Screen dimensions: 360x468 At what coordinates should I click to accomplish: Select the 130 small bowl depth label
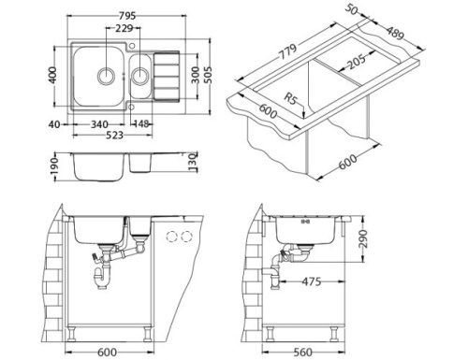(192, 164)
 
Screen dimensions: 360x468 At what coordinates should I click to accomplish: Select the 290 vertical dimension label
(365, 238)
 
